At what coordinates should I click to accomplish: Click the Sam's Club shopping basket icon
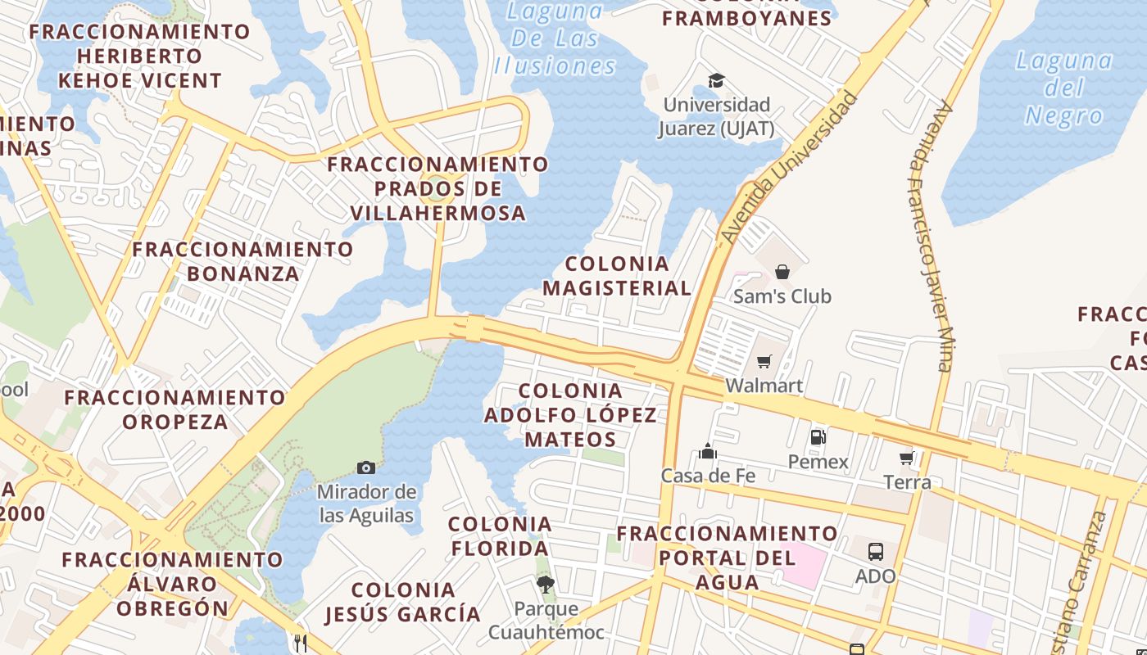coord(782,272)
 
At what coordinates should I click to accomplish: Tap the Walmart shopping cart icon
coord(764,362)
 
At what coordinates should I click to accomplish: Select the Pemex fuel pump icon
coord(818,437)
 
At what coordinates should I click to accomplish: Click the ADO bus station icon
coord(876,551)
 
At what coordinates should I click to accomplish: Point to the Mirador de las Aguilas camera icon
coord(366,468)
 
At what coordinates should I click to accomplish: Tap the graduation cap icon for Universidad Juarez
coord(717,80)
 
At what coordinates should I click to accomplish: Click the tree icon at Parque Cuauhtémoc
coord(545,585)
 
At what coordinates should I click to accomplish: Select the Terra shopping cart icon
coord(907,458)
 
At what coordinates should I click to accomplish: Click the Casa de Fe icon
coord(708,451)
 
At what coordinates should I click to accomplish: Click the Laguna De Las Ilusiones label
coord(555,38)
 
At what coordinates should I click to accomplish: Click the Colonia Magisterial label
coord(617,276)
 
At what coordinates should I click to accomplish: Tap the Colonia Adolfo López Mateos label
coord(570,414)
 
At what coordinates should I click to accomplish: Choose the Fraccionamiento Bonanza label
coord(243,261)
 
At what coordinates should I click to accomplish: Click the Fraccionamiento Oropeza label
coord(175,409)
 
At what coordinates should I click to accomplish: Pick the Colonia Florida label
coord(500,535)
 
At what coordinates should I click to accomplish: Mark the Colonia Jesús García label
coord(402,602)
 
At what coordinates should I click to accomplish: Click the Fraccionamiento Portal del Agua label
coord(727,558)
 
